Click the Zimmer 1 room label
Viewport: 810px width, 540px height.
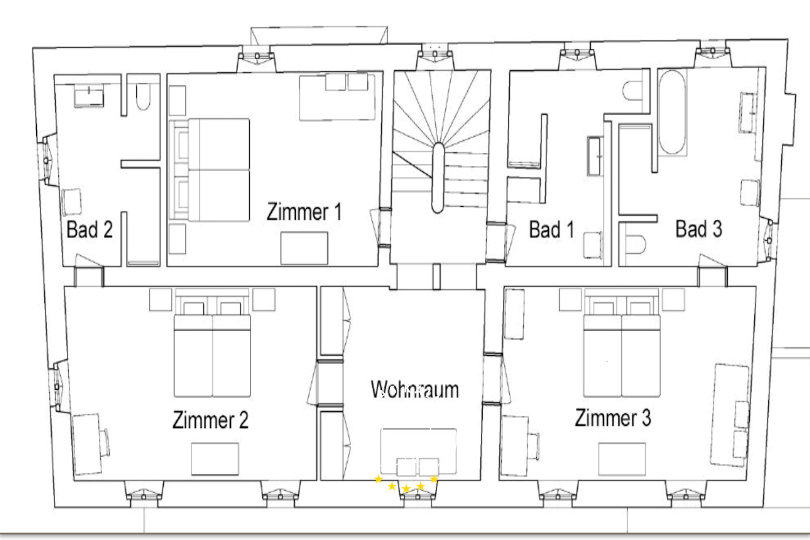pos(304,212)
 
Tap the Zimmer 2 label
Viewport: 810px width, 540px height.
pos(211,420)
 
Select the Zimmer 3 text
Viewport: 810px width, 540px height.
pos(613,418)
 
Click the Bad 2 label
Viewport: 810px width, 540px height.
pos(89,229)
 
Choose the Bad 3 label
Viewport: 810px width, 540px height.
pos(699,229)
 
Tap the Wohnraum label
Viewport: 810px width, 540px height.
pos(415,389)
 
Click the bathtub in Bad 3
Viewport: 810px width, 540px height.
pos(672,112)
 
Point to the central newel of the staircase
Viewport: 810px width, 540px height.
pos(438,178)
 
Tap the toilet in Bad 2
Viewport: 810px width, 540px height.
pos(143,97)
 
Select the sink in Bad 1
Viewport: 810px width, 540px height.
pos(595,156)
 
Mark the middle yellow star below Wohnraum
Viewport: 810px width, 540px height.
pos(406,489)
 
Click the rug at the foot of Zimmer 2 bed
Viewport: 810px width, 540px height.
pos(215,459)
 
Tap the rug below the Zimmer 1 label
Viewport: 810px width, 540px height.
pos(304,248)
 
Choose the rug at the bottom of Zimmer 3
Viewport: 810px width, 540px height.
pos(622,459)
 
